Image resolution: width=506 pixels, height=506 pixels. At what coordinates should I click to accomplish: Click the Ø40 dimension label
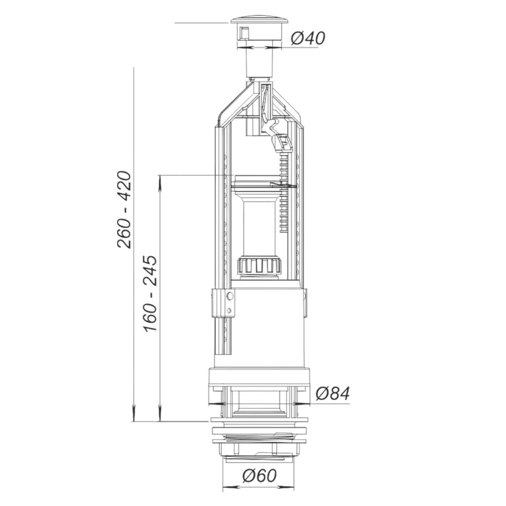click(308, 39)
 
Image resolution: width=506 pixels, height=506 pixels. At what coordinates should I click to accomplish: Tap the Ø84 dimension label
click(333, 394)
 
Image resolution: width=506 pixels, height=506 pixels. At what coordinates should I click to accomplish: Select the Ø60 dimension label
click(260, 475)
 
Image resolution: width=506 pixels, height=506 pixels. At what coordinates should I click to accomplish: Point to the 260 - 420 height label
click(124, 210)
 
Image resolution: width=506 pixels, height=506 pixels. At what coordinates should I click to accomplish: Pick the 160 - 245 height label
click(150, 294)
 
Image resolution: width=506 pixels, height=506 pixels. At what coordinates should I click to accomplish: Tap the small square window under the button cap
click(244, 33)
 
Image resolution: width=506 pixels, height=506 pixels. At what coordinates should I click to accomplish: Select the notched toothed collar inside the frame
click(259, 265)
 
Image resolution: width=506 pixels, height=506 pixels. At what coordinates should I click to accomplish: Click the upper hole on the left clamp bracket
click(229, 295)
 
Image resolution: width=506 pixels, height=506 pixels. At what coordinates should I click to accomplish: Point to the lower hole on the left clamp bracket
click(229, 310)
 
